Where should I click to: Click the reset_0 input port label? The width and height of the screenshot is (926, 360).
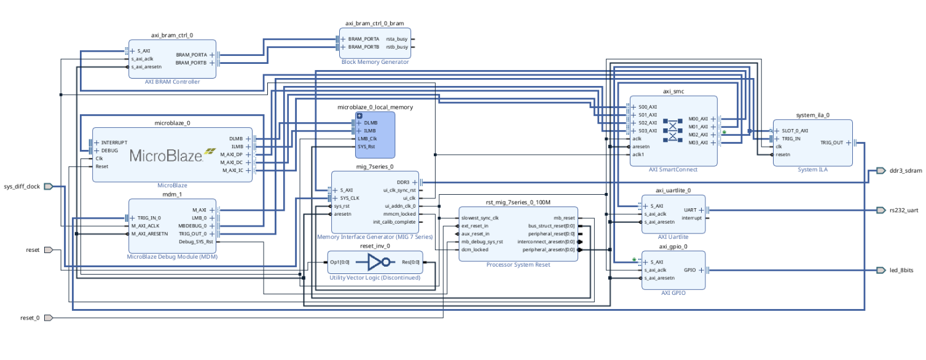29,318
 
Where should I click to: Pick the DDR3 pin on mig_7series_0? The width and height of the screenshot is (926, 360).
403,182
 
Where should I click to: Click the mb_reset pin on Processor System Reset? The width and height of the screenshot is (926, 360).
563,217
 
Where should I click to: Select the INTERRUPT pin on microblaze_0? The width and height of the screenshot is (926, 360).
114,143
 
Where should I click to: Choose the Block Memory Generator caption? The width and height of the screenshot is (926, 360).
375,62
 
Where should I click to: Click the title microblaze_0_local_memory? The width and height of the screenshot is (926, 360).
375,107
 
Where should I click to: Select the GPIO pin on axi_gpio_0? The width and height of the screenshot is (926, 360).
689,270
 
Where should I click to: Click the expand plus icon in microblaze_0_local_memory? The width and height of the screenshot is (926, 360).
360,115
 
